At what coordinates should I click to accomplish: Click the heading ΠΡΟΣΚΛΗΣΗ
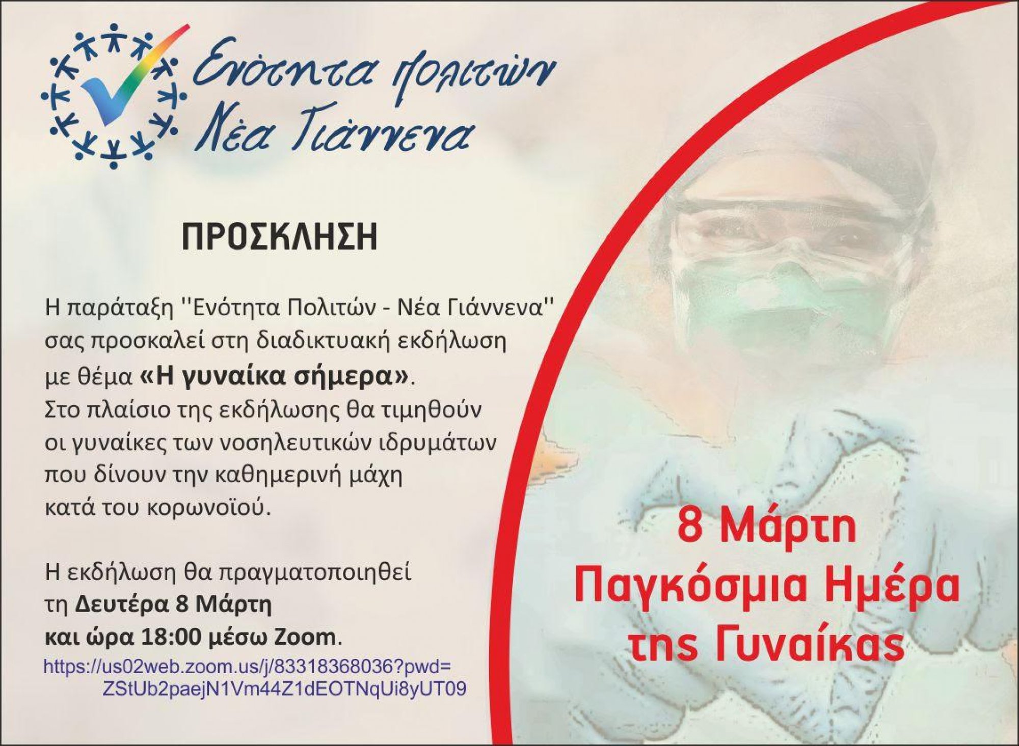point(280,237)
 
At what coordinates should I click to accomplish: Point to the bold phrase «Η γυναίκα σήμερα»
point(274,377)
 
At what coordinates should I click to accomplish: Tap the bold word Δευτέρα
point(123,605)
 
